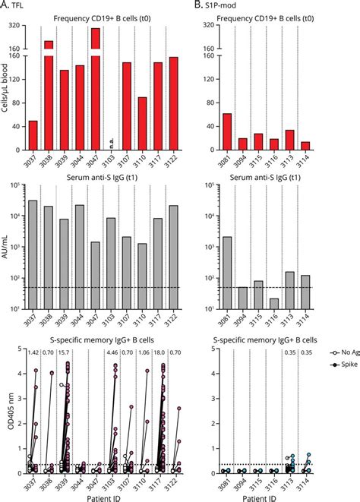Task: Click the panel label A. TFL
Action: coord(16,6)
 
